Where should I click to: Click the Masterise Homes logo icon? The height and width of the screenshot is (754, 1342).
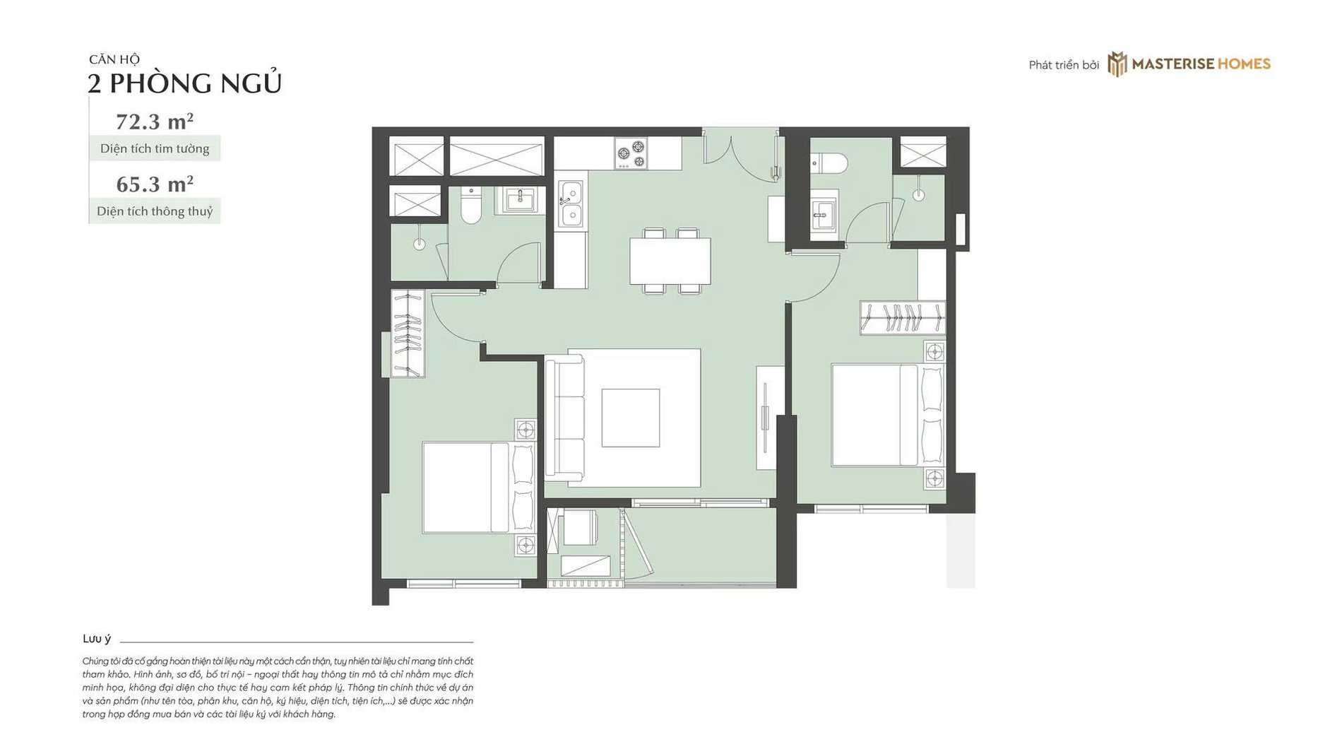[x=1117, y=64]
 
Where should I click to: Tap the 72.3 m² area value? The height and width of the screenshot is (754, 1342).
[x=155, y=122]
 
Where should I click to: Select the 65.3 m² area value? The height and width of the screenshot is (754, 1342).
[x=155, y=184]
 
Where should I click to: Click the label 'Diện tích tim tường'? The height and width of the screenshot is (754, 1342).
[x=155, y=148]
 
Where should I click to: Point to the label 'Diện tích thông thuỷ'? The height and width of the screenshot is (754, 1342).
[x=155, y=211]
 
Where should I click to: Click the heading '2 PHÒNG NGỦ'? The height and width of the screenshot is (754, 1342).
[x=185, y=83]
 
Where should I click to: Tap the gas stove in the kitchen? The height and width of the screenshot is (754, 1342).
[x=631, y=153]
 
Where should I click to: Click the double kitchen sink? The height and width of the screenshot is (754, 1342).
[x=571, y=204]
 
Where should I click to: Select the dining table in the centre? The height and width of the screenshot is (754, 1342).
[x=670, y=261]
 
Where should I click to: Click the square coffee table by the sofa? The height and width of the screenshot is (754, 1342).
[x=631, y=418]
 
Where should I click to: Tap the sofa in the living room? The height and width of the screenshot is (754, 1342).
[x=564, y=418]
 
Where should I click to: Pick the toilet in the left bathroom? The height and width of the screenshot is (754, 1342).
[x=470, y=205]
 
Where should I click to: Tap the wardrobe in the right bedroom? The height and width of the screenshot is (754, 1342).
[x=903, y=317]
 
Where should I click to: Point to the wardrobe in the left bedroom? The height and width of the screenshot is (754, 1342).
[x=408, y=334]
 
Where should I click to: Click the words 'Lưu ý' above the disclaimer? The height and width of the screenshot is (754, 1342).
[x=97, y=639]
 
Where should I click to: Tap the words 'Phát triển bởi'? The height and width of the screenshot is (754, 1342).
[x=1064, y=65]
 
